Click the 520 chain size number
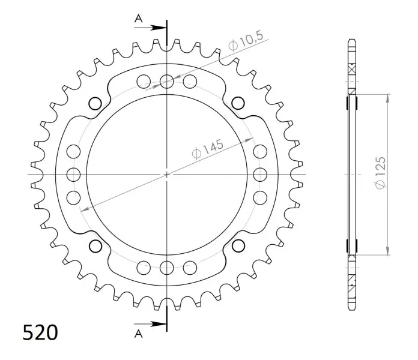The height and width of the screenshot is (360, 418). (x=40, y=332)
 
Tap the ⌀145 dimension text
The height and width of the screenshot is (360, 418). (x=208, y=149)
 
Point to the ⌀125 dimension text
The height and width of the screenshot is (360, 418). (x=380, y=173)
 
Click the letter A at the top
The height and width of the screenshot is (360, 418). (x=138, y=19)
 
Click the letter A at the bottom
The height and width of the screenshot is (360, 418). (x=138, y=334)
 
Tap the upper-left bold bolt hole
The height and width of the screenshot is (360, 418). (x=95, y=103)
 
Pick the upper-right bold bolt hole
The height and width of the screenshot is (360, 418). (x=238, y=103)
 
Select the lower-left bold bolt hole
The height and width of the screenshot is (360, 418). (x=95, y=246)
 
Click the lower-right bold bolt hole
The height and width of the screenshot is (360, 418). (x=238, y=246)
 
